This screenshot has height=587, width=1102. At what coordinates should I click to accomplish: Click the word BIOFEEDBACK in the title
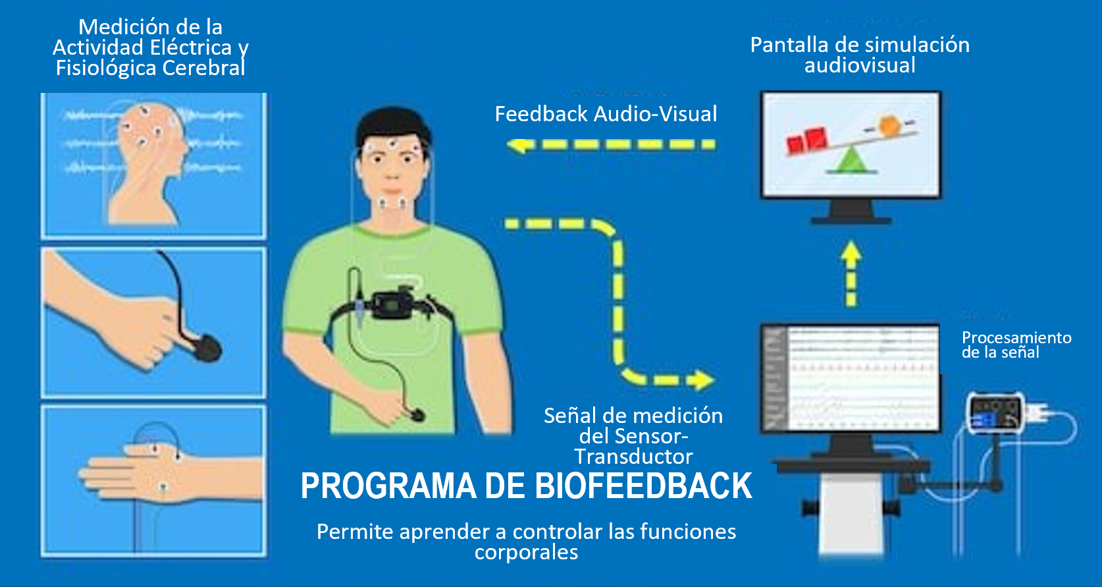click(x=643, y=486)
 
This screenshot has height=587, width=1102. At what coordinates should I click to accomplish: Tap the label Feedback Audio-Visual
click(x=606, y=114)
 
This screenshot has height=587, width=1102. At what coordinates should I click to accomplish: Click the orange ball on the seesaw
click(x=889, y=125)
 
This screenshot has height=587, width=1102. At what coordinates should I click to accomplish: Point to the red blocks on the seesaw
click(x=806, y=140)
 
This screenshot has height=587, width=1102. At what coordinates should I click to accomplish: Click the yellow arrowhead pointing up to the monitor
click(x=851, y=250)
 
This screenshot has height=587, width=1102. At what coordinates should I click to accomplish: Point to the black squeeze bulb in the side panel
click(x=207, y=348)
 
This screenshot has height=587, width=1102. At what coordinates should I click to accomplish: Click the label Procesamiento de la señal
click(x=1016, y=345)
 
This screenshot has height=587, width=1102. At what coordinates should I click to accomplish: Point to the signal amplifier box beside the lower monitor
click(x=996, y=413)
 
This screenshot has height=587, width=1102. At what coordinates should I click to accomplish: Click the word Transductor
click(x=634, y=457)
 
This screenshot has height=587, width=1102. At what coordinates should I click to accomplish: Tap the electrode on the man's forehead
click(x=392, y=144)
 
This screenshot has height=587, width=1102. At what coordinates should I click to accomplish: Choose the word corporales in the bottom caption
click(x=527, y=553)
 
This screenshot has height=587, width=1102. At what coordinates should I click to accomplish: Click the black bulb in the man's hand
click(x=417, y=415)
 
